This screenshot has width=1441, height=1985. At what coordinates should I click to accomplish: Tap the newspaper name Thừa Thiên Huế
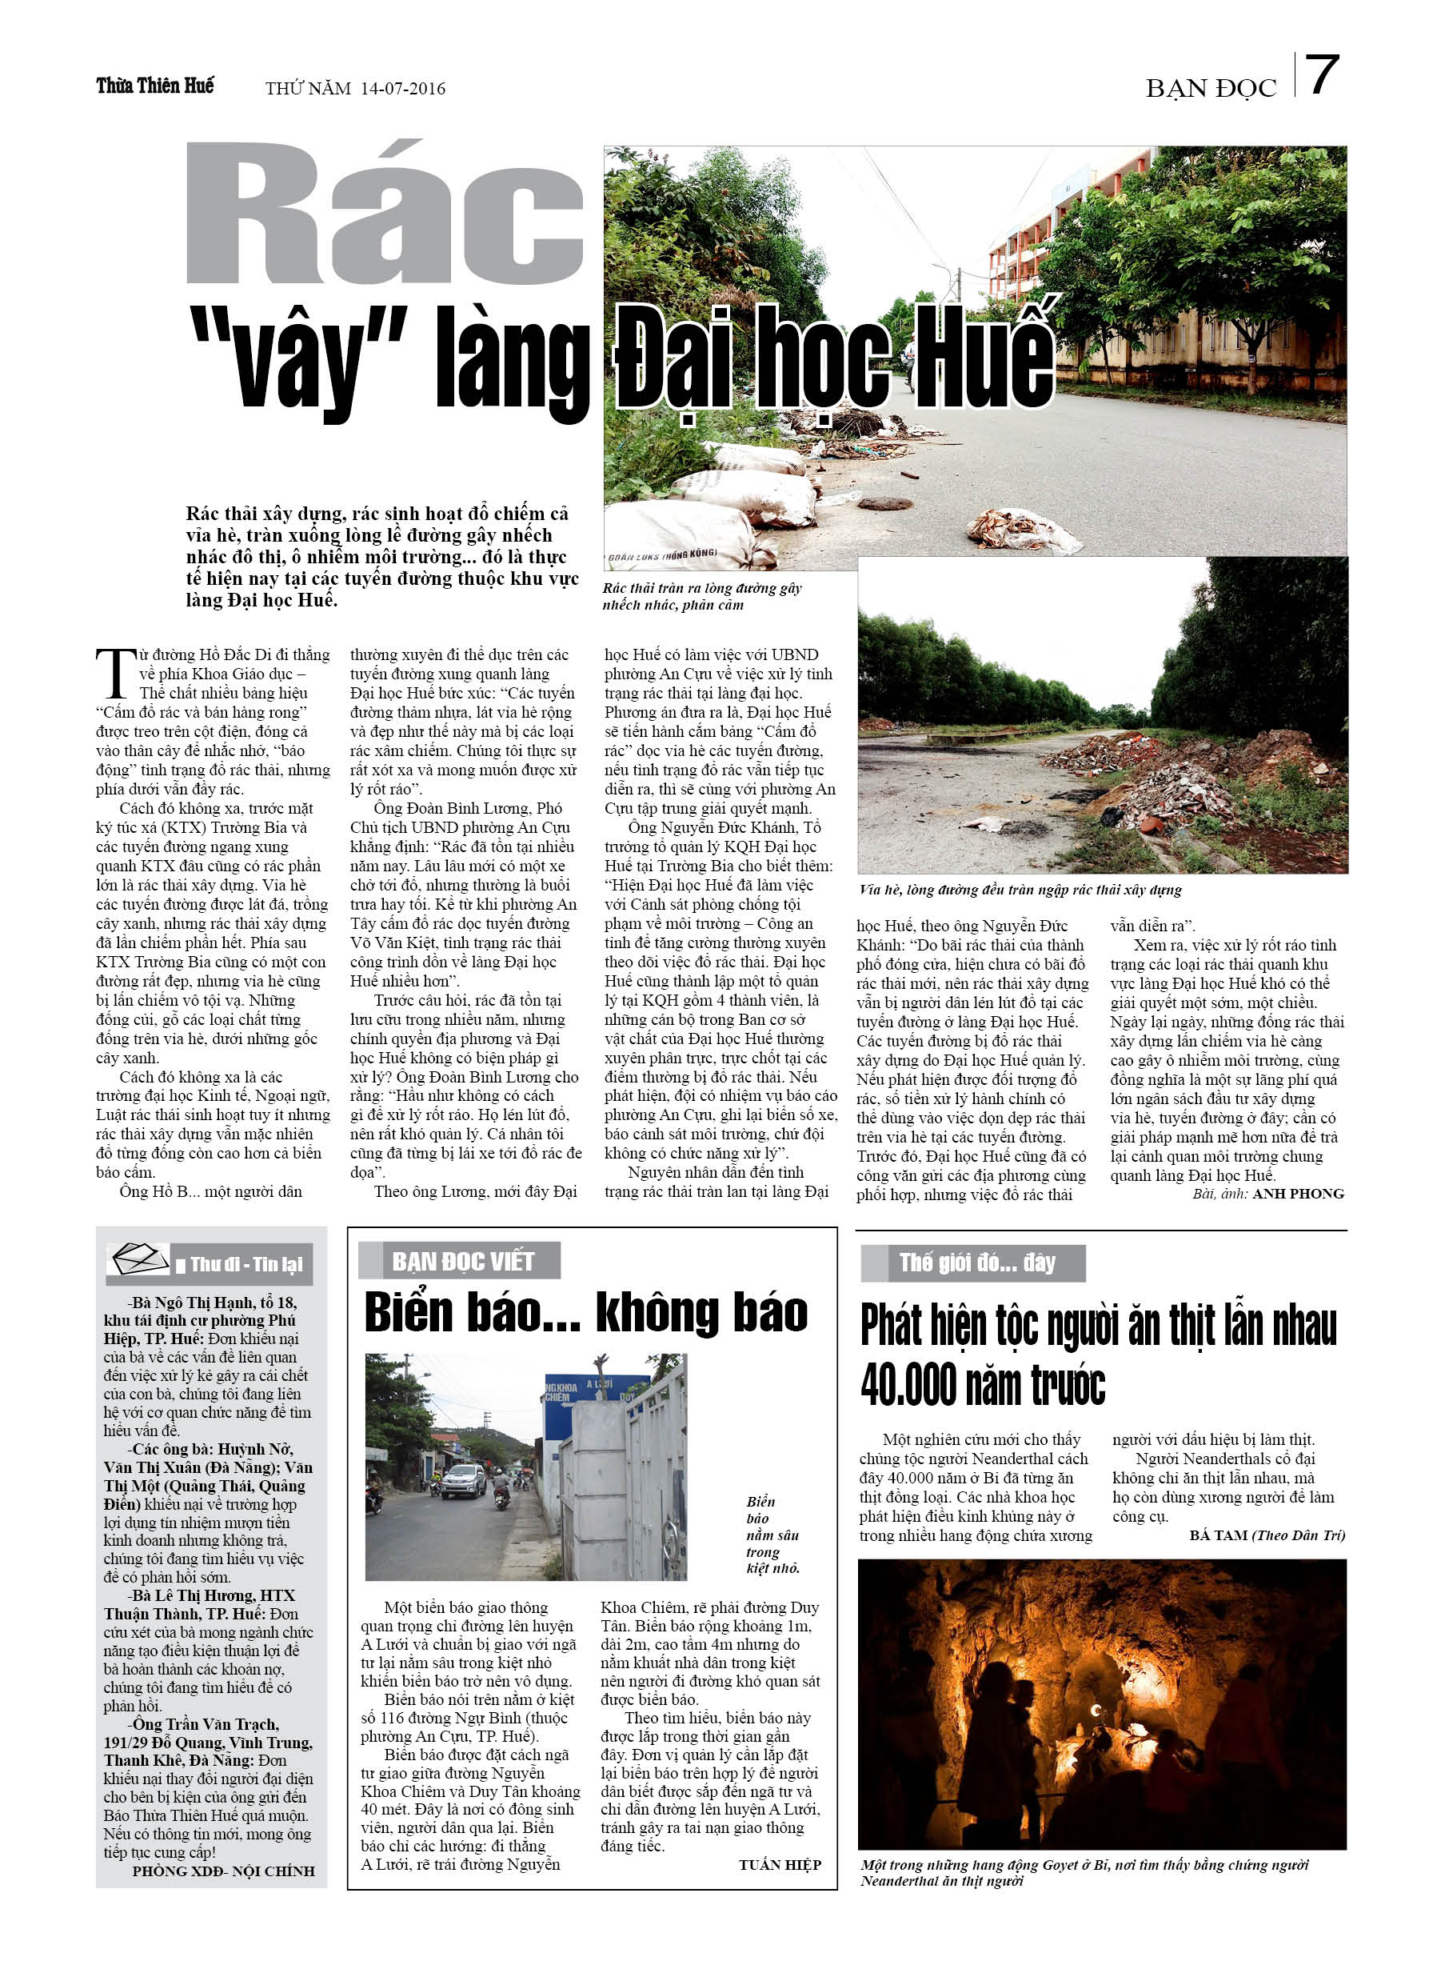tap(155, 86)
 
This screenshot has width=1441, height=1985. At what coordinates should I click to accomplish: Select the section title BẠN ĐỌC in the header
tap(1211, 88)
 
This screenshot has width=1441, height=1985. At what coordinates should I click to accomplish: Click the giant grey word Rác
tap(385, 214)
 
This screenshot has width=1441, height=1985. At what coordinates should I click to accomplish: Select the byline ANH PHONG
tap(1298, 1194)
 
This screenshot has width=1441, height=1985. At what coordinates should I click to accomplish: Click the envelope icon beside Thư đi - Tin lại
tap(138, 1260)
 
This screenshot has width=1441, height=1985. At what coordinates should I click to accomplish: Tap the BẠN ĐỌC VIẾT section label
tap(462, 1261)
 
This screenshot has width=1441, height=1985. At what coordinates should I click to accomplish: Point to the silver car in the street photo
tap(463, 1479)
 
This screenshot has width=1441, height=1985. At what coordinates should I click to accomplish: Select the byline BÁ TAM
tap(1218, 1535)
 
